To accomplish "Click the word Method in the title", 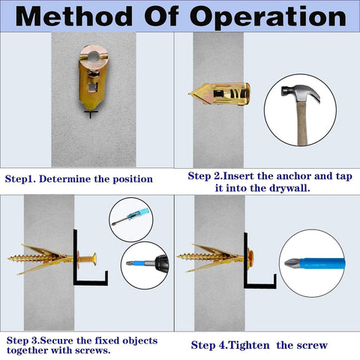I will (83, 16).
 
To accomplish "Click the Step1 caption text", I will (79, 179).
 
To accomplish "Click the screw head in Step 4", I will (253, 259).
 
